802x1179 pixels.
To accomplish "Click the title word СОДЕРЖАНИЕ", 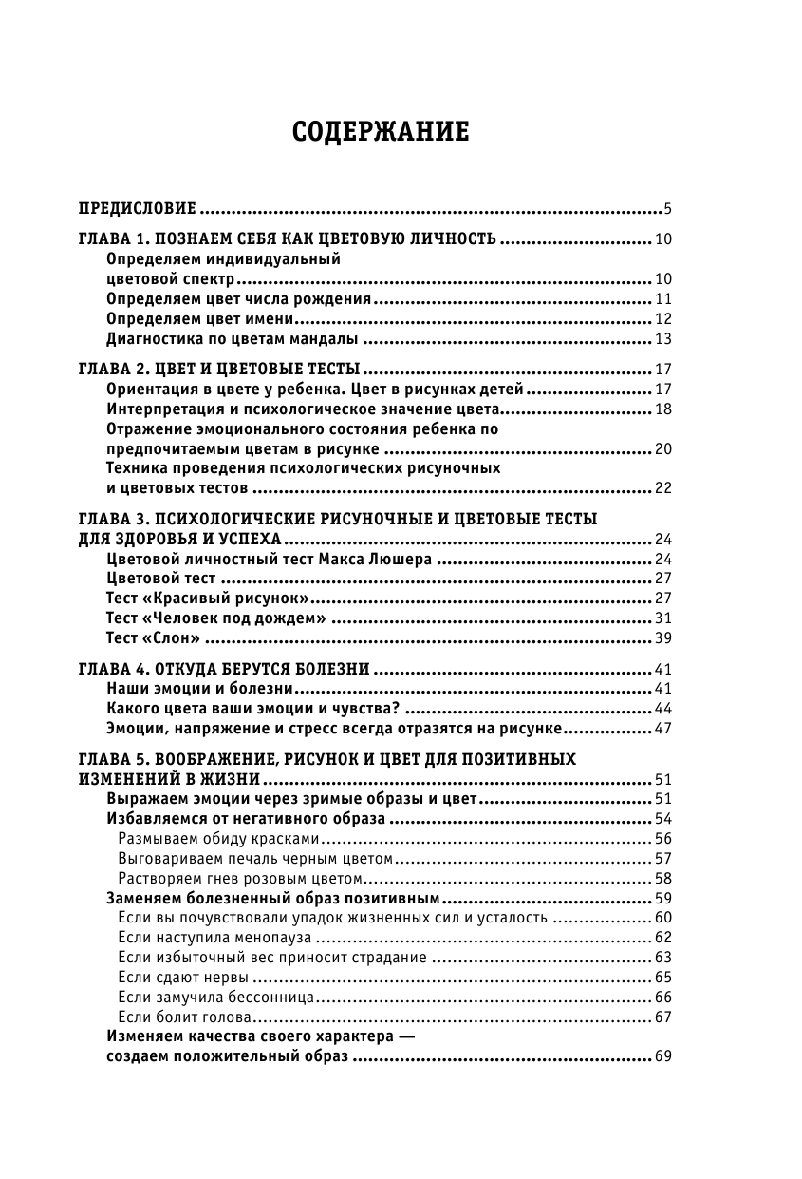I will [381, 130].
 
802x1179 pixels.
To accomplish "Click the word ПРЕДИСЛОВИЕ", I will [137, 208].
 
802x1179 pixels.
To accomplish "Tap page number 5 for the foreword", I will [668, 208].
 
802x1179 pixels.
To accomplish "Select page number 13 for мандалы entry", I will [662, 339].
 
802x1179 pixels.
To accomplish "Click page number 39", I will [662, 637].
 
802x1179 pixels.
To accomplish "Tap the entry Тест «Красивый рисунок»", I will [209, 598].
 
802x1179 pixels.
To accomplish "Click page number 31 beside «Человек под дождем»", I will [662, 618].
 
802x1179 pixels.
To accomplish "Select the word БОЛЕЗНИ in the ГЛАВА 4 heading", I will [329, 668].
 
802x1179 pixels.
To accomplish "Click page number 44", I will [662, 708].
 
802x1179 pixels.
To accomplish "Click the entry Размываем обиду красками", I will [217, 838].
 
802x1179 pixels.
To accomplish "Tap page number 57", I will [662, 858].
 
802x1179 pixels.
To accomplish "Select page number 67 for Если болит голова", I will [662, 1017].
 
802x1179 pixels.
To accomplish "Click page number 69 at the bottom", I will [662, 1056].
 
